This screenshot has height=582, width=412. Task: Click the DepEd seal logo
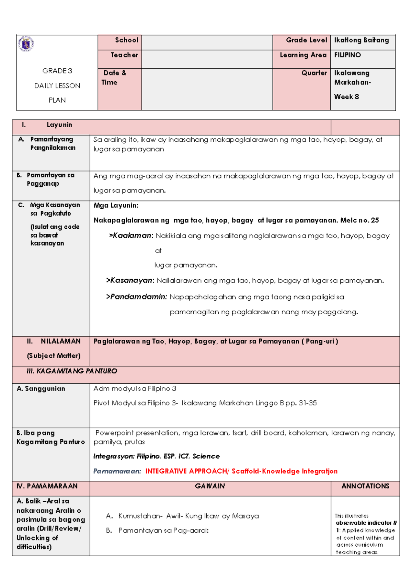click(x=26, y=44)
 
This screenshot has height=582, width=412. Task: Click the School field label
click(x=126, y=40)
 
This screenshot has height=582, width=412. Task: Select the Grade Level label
click(x=306, y=40)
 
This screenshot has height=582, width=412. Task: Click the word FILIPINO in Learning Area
click(x=347, y=55)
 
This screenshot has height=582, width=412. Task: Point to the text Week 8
click(x=346, y=97)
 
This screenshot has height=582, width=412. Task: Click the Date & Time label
click(x=114, y=78)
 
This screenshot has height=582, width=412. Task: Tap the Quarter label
click(x=314, y=73)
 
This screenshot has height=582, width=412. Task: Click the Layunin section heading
click(x=59, y=125)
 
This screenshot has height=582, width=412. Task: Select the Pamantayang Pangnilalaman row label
click(x=52, y=143)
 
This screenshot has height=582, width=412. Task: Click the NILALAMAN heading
click(x=60, y=341)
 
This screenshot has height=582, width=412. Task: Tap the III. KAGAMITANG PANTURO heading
click(x=72, y=371)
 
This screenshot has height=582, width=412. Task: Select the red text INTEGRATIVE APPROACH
click(x=186, y=471)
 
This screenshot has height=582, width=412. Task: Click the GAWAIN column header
click(x=210, y=486)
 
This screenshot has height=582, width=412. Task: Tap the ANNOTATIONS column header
click(x=365, y=486)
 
